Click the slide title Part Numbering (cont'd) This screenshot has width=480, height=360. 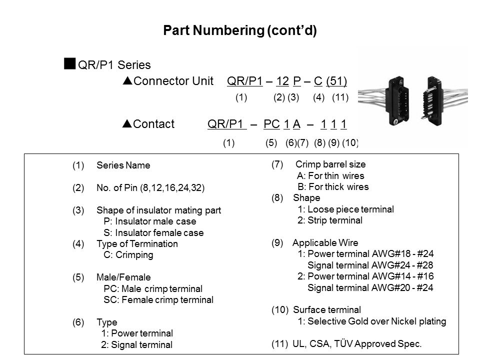tap(240, 31)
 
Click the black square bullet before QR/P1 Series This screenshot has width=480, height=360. tap(70, 63)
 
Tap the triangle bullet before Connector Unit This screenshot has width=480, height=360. tap(126, 81)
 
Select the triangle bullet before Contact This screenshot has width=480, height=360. tap(126, 124)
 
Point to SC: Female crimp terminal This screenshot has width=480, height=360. tap(158, 299)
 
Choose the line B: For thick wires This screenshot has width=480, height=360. tap(333, 187)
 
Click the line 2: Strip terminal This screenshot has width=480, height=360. tap(330, 220)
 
